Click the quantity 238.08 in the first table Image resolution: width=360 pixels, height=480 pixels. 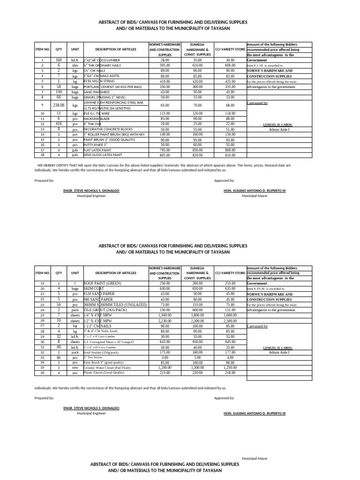pos(59,105)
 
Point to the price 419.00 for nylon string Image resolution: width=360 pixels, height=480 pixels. pos(165,81)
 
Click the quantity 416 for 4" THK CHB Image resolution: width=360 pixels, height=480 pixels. pos(59,124)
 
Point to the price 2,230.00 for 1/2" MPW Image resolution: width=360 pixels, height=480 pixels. pos(165,320)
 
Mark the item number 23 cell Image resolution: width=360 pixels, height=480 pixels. pos(42,305)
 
